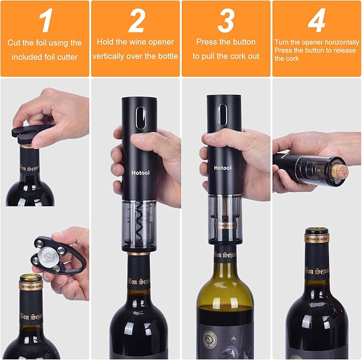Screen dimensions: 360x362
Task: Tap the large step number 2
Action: (x=136, y=21)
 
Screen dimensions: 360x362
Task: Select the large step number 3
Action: (x=226, y=21)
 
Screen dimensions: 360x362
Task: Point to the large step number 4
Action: (x=316, y=21)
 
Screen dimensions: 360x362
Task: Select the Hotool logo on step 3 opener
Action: (x=224, y=167)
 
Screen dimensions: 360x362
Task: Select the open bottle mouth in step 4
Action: (x=317, y=231)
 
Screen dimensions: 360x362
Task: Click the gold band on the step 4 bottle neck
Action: (x=317, y=238)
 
